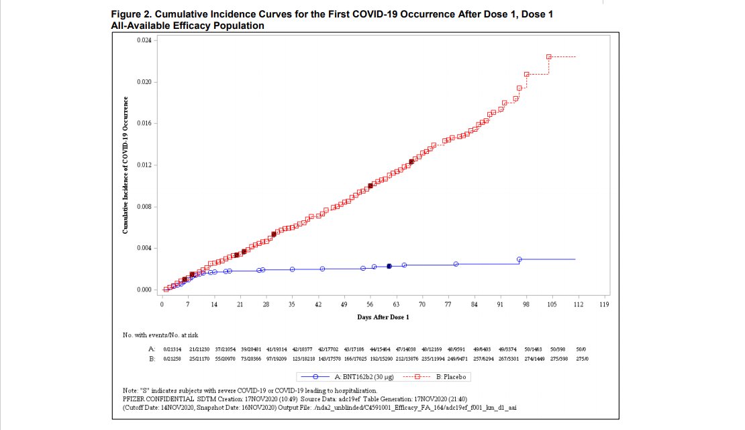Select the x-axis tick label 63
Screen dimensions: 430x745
click(396, 304)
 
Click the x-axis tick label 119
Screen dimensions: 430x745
click(604, 304)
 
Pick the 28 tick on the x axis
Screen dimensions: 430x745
click(266, 304)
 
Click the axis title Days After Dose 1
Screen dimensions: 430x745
click(383, 317)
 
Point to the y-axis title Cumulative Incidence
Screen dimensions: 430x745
click(126, 165)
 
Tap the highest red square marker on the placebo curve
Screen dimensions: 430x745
click(548, 57)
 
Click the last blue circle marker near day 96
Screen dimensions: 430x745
click(519, 259)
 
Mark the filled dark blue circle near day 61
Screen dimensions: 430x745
click(389, 267)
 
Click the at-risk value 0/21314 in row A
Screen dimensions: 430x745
click(173, 349)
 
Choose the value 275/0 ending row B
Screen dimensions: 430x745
click(582, 359)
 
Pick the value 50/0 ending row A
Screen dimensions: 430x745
click(581, 349)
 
